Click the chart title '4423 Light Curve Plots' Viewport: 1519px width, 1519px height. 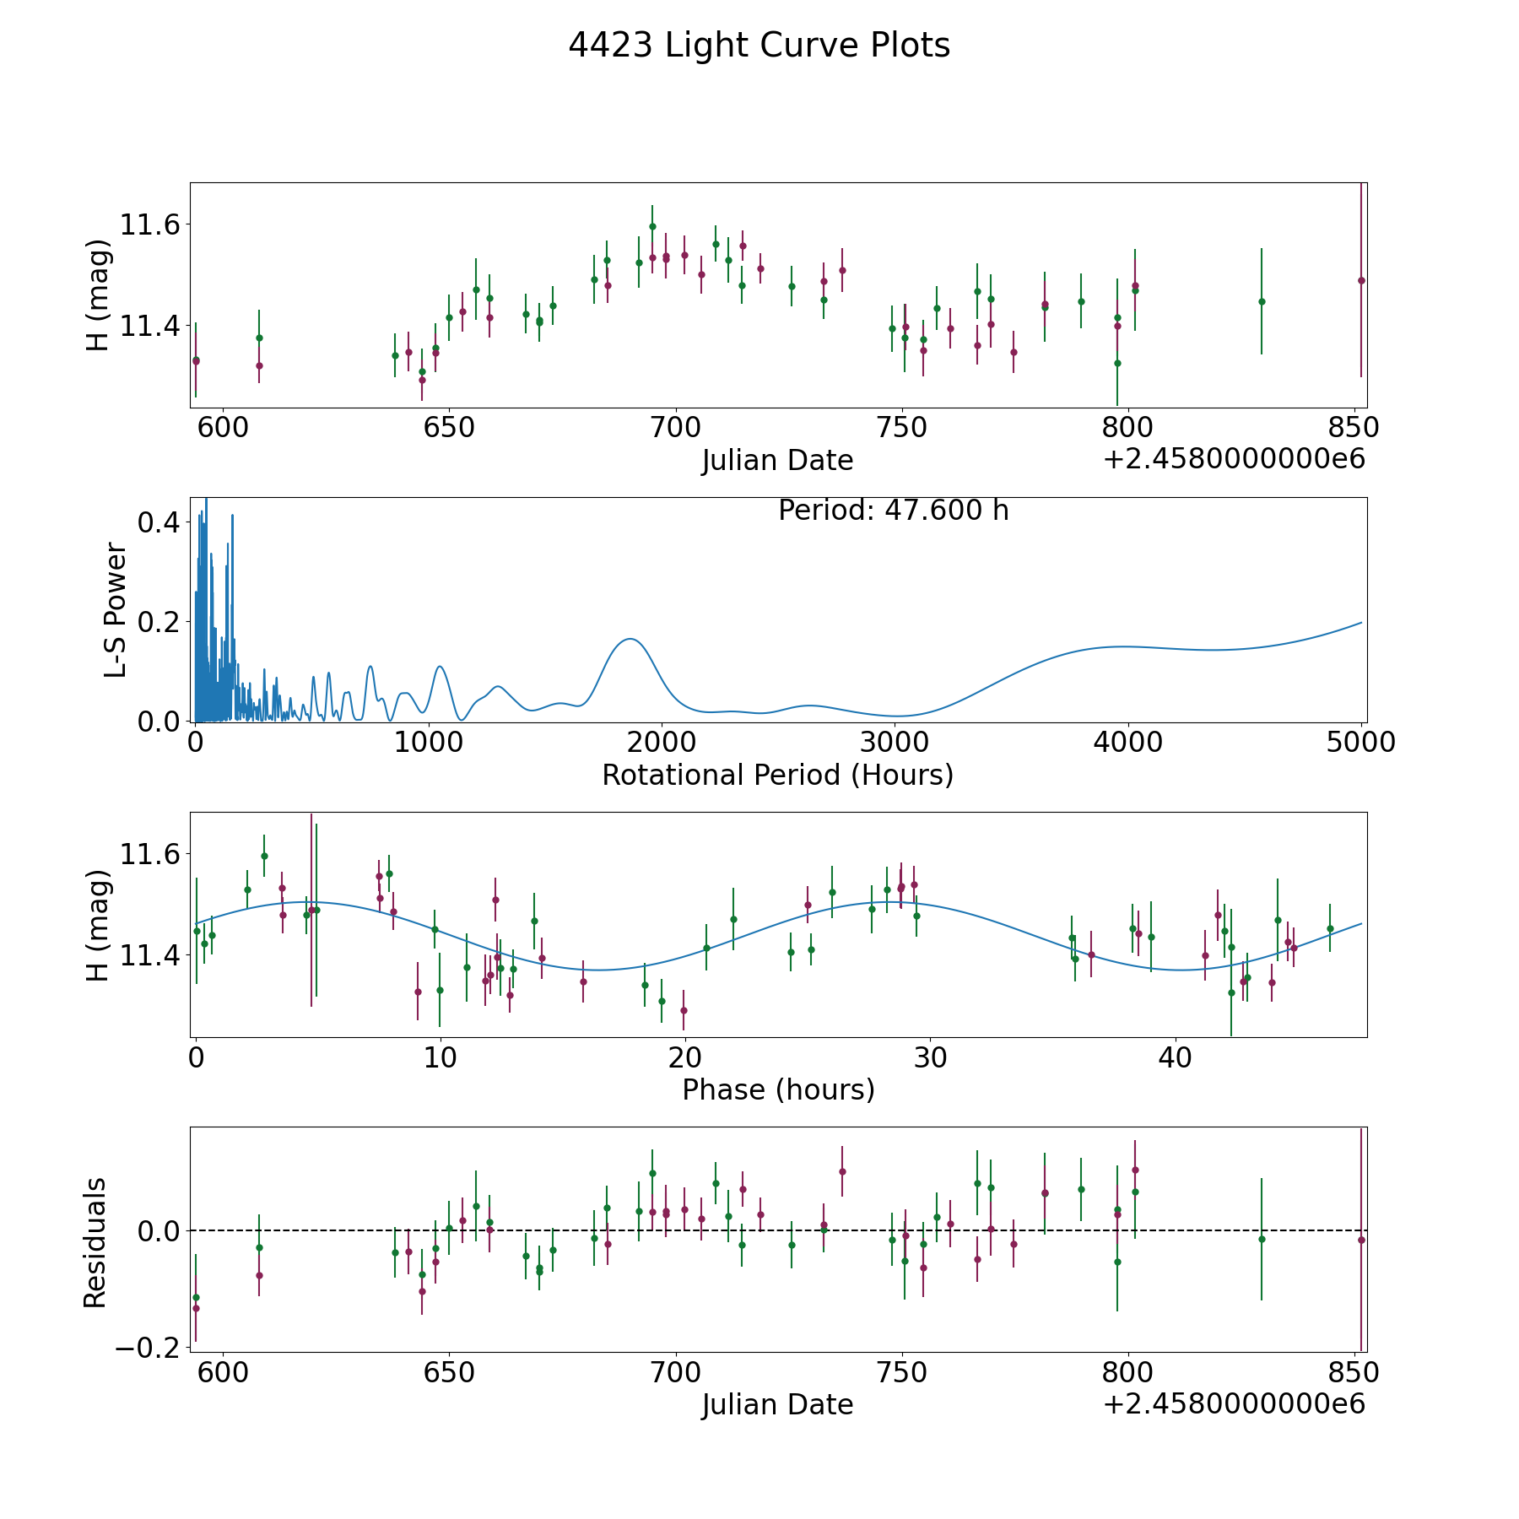[759, 46]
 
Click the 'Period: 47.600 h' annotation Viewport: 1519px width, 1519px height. [893, 511]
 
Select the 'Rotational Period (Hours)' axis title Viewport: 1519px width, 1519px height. [777, 775]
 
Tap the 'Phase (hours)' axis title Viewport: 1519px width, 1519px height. [778, 1089]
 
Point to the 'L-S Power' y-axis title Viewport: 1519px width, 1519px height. [116, 609]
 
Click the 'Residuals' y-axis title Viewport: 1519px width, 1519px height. [95, 1243]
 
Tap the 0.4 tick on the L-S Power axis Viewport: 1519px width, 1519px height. [159, 522]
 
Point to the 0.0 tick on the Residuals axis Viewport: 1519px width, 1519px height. [159, 1231]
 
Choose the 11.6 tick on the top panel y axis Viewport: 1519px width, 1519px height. [150, 225]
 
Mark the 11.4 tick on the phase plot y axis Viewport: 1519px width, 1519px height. [150, 955]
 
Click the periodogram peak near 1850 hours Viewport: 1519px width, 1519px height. [630, 639]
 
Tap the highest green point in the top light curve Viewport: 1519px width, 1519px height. [652, 226]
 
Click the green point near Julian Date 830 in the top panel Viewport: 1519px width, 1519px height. [1262, 301]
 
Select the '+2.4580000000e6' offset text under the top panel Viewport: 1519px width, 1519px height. [1234, 460]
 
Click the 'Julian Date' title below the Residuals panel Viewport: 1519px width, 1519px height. [777, 1405]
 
